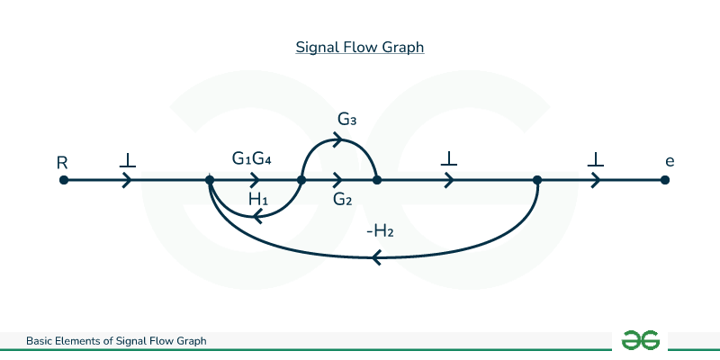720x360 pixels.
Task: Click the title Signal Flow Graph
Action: click(x=360, y=47)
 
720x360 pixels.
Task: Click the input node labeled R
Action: click(x=63, y=180)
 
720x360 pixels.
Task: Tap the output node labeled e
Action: click(x=664, y=180)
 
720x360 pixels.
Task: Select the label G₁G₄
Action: click(x=252, y=159)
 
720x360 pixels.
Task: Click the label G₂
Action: click(x=342, y=199)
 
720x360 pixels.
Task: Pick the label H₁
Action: click(x=259, y=198)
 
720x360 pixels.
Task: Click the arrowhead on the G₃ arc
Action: click(x=338, y=139)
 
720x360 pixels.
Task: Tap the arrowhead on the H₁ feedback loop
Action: click(x=258, y=214)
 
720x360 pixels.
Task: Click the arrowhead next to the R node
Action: click(x=127, y=180)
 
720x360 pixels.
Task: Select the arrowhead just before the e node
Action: click(x=595, y=180)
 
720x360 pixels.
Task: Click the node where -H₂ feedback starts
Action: click(x=536, y=180)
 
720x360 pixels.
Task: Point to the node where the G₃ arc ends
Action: click(x=377, y=180)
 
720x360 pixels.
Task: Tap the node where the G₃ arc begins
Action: click(x=301, y=180)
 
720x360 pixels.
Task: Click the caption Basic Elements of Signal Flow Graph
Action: click(x=116, y=341)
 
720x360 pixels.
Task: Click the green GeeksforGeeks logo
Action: click(x=641, y=340)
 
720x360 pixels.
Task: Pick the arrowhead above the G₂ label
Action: click(x=338, y=180)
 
